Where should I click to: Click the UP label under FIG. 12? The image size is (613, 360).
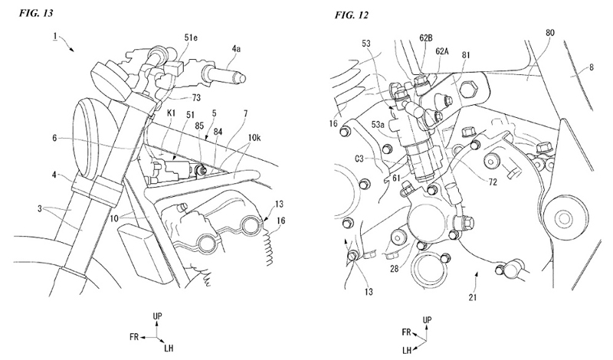(428, 317)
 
